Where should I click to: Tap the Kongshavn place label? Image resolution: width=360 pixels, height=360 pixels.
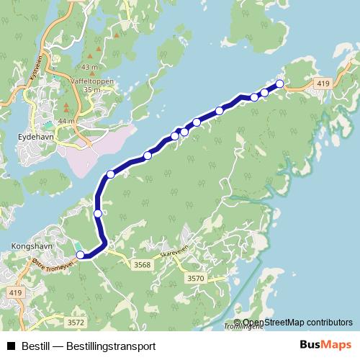[29, 245]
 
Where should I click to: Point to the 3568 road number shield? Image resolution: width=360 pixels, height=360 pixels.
[142, 265]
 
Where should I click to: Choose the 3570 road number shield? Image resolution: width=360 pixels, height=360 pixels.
[195, 278]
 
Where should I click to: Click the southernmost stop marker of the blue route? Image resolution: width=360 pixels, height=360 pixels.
[81, 254]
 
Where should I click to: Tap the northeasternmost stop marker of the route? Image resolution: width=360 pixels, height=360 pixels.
[280, 84]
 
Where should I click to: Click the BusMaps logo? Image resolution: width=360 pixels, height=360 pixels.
[326, 345]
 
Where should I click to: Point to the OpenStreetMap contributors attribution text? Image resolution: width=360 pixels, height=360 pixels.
[297, 323]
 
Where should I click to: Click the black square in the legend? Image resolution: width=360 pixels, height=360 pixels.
[11, 346]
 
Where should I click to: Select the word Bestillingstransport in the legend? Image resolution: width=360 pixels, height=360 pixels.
[110, 346]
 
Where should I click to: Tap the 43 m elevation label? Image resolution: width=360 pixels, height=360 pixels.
[91, 68]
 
